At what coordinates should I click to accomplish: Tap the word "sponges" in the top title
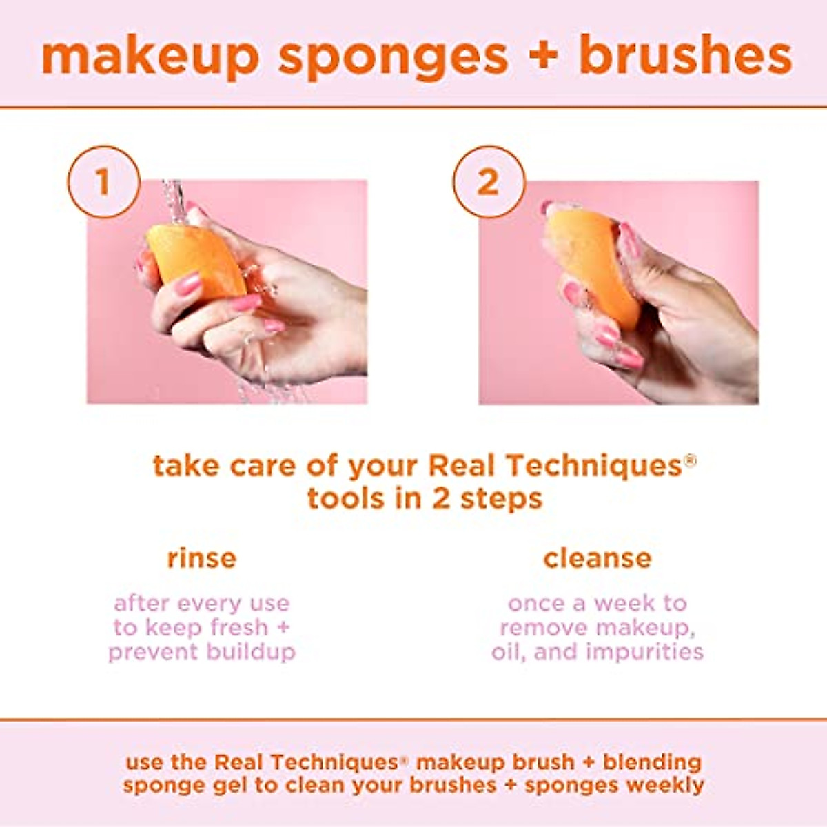[x=393, y=58]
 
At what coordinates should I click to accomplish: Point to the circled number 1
[x=103, y=182]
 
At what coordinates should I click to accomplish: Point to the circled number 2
[x=488, y=182]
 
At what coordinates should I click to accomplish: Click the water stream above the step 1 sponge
[x=174, y=200]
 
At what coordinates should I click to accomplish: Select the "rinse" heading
[x=201, y=558]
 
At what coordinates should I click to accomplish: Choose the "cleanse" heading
[x=597, y=558]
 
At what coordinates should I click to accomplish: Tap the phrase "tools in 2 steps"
[x=425, y=498]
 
